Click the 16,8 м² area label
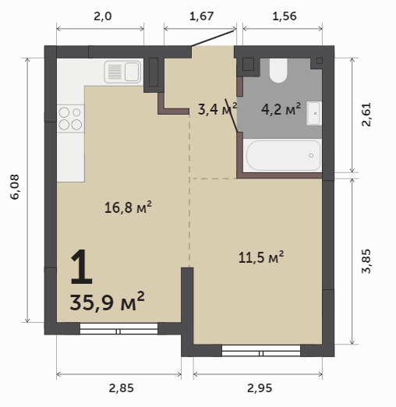[x=128, y=207]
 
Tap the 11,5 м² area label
[x=261, y=257]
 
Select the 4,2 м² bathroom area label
[x=281, y=109]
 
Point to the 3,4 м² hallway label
[x=217, y=109]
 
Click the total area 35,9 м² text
[x=107, y=302]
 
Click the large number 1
[x=81, y=267]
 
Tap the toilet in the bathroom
[x=278, y=70]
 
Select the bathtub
[x=283, y=155]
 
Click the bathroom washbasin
[x=314, y=113]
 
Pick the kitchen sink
[x=122, y=72]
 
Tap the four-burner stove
[x=71, y=119]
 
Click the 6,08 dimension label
[x=15, y=186]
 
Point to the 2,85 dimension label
[x=121, y=388]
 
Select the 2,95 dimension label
[x=260, y=388]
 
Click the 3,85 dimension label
[x=366, y=261]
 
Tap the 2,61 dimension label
[x=366, y=115]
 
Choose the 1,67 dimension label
[x=201, y=16]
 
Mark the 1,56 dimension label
[x=285, y=16]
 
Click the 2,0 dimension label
[x=103, y=16]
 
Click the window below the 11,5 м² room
[x=261, y=351]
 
